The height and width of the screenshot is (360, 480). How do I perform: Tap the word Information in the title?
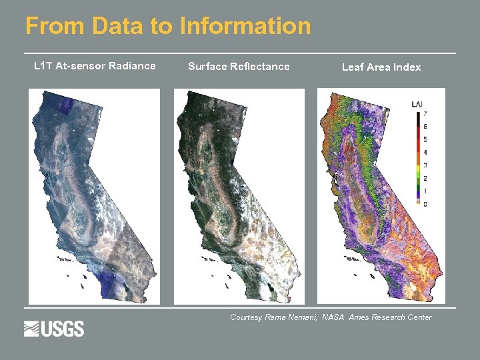click(245, 27)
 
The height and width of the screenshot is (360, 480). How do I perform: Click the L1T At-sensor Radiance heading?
click(95, 65)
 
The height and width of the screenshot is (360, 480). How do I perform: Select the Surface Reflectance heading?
click(239, 66)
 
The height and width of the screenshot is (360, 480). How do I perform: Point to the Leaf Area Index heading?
click(381, 67)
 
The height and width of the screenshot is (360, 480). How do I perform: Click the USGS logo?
click(54, 329)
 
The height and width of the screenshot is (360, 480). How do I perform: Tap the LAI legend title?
click(417, 104)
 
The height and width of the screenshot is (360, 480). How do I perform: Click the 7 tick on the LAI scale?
click(425, 114)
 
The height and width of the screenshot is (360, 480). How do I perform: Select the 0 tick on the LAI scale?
click(425, 204)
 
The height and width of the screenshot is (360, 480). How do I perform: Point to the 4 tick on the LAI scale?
click(425, 153)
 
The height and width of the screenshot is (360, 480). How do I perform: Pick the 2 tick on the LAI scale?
click(425, 178)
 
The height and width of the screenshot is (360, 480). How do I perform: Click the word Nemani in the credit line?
click(302, 317)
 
